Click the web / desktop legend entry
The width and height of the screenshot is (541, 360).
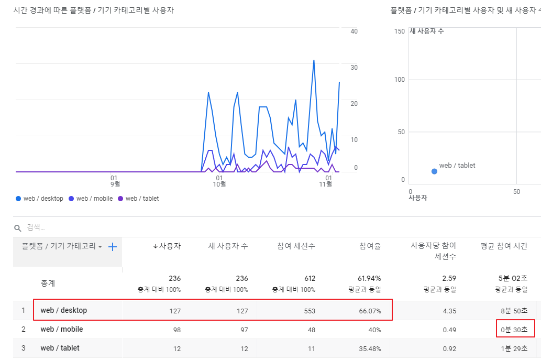pos(39,199)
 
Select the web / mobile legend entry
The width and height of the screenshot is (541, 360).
pos(91,199)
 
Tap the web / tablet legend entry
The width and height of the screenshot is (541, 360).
pos(138,199)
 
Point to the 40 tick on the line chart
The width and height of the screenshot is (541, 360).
pos(354,31)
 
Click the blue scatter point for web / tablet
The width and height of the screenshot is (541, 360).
pos(434,171)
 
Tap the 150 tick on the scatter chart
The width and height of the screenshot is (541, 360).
pos(400,31)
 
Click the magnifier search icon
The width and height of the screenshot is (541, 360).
pos(18,228)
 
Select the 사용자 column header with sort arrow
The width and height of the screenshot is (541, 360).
pos(167,246)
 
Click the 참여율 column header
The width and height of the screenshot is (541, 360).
pos(370,246)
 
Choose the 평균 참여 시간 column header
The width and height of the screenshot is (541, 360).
pos(504,246)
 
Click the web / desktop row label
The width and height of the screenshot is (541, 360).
pos(64,310)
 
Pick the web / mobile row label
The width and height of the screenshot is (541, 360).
pos(62,329)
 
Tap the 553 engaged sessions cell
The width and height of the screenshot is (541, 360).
pos(310,311)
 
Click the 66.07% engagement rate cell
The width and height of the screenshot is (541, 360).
pos(370,311)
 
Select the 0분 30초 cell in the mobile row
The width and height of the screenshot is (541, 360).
pos(514,330)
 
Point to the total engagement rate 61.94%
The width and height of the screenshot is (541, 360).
pos(369,279)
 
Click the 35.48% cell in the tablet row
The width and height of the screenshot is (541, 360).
pos(370,348)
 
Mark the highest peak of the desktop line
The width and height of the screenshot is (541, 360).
pos(314,60)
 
